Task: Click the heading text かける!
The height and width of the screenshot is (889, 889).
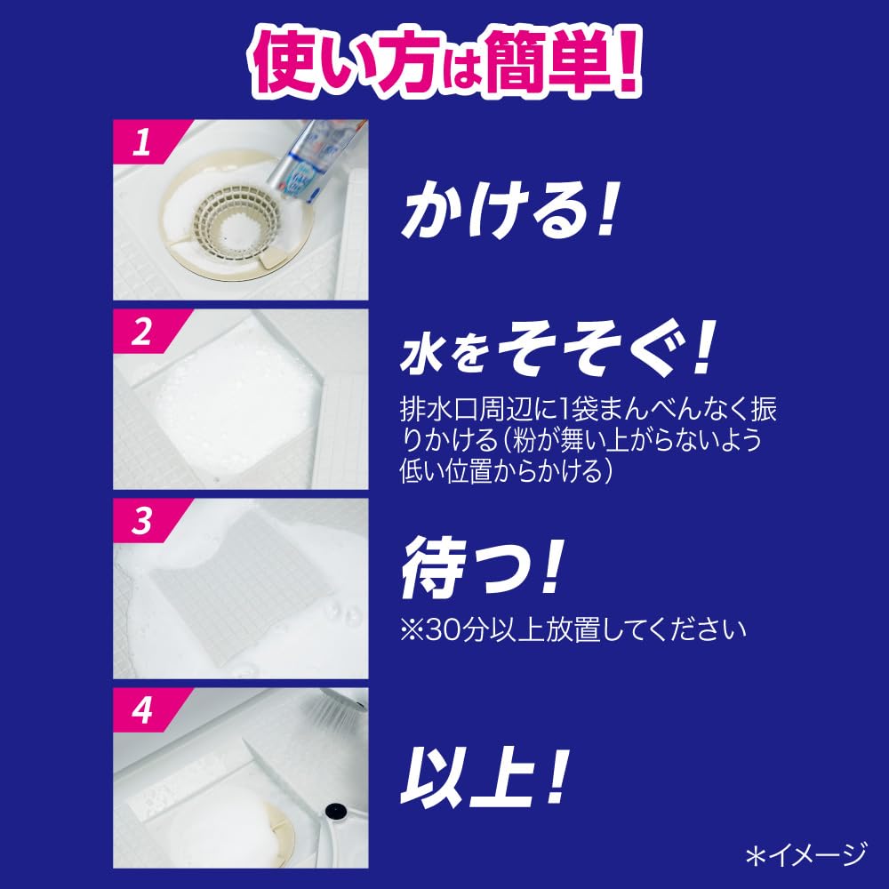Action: (508, 209)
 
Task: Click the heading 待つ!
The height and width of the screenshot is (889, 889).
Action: (482, 567)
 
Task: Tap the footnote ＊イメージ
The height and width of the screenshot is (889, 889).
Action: (806, 855)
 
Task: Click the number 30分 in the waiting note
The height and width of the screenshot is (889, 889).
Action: (456, 629)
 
